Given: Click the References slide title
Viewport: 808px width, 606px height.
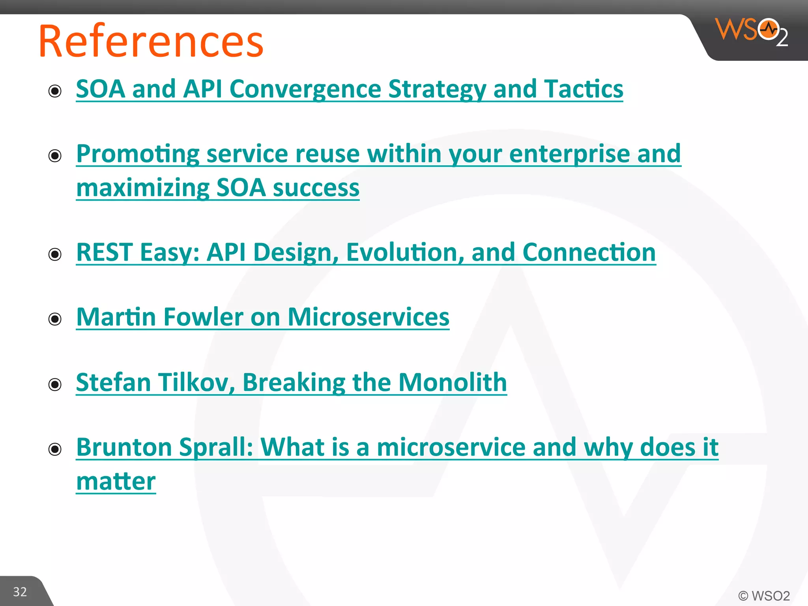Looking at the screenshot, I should (151, 41).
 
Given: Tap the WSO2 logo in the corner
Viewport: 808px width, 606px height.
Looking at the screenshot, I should (751, 32).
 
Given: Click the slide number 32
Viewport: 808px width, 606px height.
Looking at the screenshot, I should (20, 592).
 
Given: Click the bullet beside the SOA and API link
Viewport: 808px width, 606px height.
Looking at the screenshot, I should (55, 91).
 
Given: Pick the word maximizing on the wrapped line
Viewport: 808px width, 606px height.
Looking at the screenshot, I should (142, 188).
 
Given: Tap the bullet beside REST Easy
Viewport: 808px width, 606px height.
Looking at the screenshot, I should (55, 254).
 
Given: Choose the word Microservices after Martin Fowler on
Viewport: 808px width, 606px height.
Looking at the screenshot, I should (368, 317).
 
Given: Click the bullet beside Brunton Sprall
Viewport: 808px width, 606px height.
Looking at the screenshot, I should (55, 449).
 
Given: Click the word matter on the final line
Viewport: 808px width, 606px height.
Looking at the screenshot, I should (116, 482).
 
